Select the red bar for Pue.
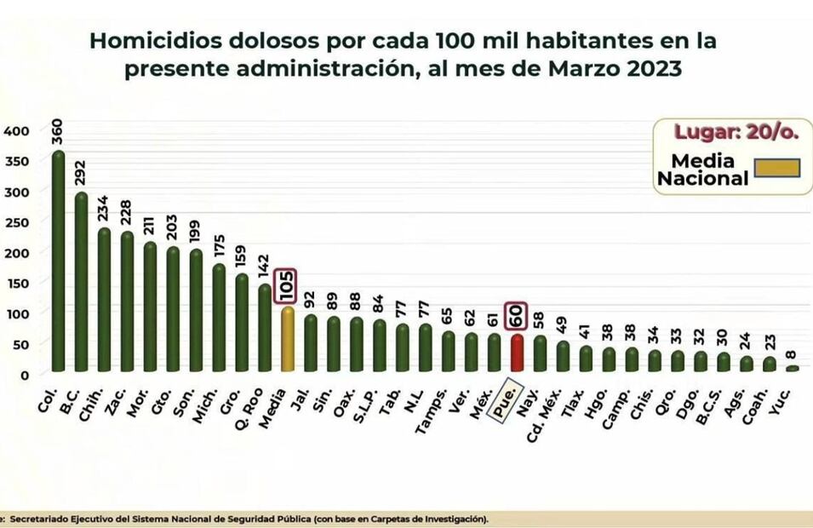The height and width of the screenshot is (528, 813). click(x=517, y=353)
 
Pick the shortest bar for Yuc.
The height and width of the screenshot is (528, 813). click(x=793, y=368)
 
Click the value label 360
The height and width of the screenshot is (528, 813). click(x=57, y=133)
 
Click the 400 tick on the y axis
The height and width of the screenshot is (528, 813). click(x=16, y=131)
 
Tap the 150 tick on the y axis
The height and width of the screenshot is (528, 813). click(x=16, y=283)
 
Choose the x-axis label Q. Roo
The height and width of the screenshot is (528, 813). click(x=257, y=394)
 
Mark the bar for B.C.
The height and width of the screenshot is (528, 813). click(x=81, y=282)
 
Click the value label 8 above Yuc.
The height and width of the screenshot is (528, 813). click(x=793, y=355)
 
